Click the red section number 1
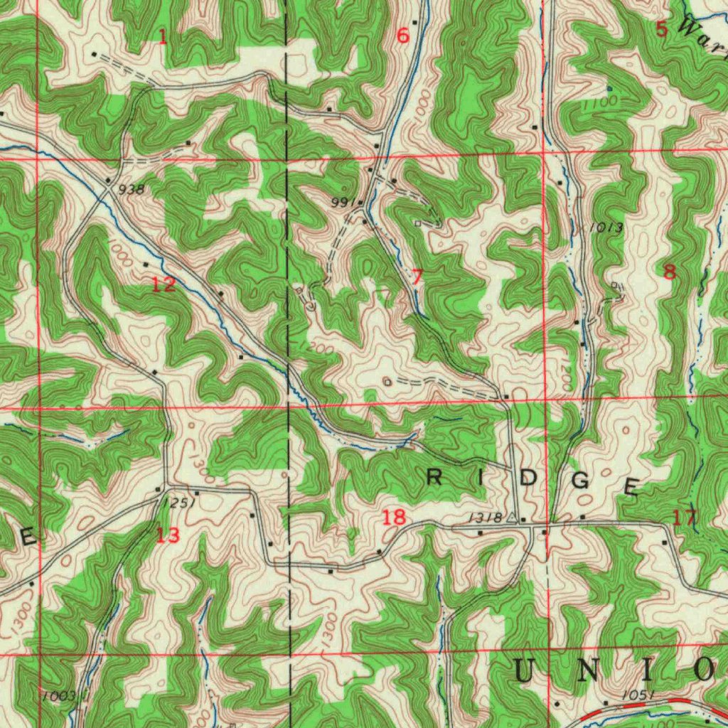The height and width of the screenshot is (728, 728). pos(163,37)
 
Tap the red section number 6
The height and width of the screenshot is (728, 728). pos(403,36)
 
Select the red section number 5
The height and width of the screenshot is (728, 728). pos(662,29)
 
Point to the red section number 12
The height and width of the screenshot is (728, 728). pos(164,285)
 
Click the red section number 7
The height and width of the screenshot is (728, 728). pos(417,277)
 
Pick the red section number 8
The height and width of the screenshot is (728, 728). pos(669,271)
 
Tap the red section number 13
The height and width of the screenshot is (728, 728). pos(168,535)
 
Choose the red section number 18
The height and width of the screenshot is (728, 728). pos(395,517)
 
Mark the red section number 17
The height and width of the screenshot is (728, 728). pos(685,518)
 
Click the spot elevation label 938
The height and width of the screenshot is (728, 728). pos(132,189)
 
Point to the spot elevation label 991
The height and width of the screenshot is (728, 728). pos(343,203)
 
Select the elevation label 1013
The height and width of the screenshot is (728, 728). pos(606,227)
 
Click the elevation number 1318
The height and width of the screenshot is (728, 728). pos(486,518)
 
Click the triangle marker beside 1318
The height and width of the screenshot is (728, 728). pos(510,518)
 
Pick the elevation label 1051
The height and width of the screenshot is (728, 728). pos(637,695)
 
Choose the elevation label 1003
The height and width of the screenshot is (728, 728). pos(58,695)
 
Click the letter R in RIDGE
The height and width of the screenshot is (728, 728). pos(433,478)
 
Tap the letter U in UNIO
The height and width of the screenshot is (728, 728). pos(526,669)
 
